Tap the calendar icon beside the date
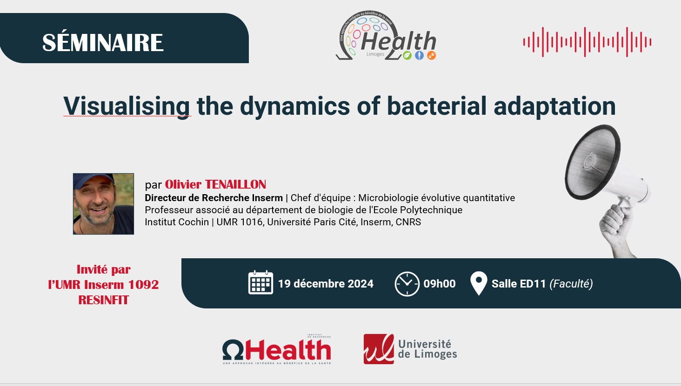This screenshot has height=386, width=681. (x=260, y=282)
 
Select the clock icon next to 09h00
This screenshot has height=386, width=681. (x=407, y=284)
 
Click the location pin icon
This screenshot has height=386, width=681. (x=479, y=283)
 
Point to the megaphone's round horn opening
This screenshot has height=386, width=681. (x=592, y=163)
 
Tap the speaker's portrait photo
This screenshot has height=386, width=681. (x=103, y=204)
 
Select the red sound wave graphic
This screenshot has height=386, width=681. (x=587, y=42)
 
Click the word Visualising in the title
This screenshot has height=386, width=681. (x=127, y=106)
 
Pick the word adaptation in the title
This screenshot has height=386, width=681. (x=554, y=106)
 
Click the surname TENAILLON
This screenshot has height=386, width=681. (x=235, y=184)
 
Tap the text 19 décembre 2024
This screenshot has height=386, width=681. (x=326, y=284)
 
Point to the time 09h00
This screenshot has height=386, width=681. (x=439, y=284)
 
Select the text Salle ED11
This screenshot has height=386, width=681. (x=519, y=284)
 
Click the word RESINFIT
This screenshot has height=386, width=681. (x=103, y=300)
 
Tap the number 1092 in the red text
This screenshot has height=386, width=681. (x=143, y=285)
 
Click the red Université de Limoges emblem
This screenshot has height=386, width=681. (x=379, y=349)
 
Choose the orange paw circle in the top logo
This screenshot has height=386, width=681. (x=431, y=55)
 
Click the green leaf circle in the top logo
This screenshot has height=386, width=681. (x=407, y=55)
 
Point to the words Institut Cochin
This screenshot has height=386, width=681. (x=177, y=222)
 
